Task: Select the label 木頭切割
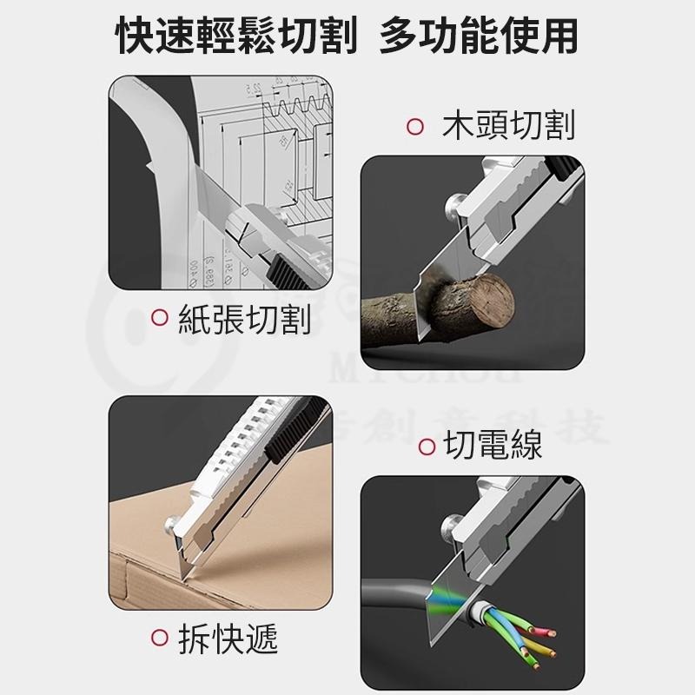click(507, 126)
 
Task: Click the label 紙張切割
click(244, 319)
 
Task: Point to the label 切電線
click(492, 447)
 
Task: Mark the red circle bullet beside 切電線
click(427, 447)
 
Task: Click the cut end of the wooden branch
click(492, 300)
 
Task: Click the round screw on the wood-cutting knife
click(454, 206)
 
